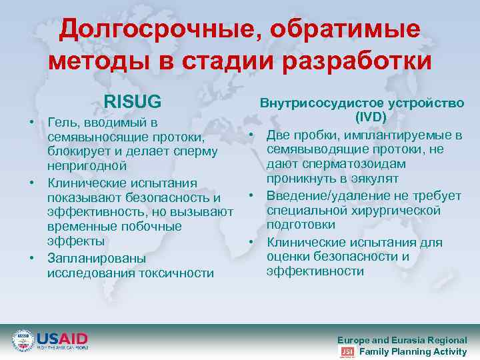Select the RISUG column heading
pos(133,102)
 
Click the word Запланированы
pos(97,257)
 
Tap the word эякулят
pos(370,179)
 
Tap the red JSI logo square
pos(347,352)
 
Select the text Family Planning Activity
pos(413,352)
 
